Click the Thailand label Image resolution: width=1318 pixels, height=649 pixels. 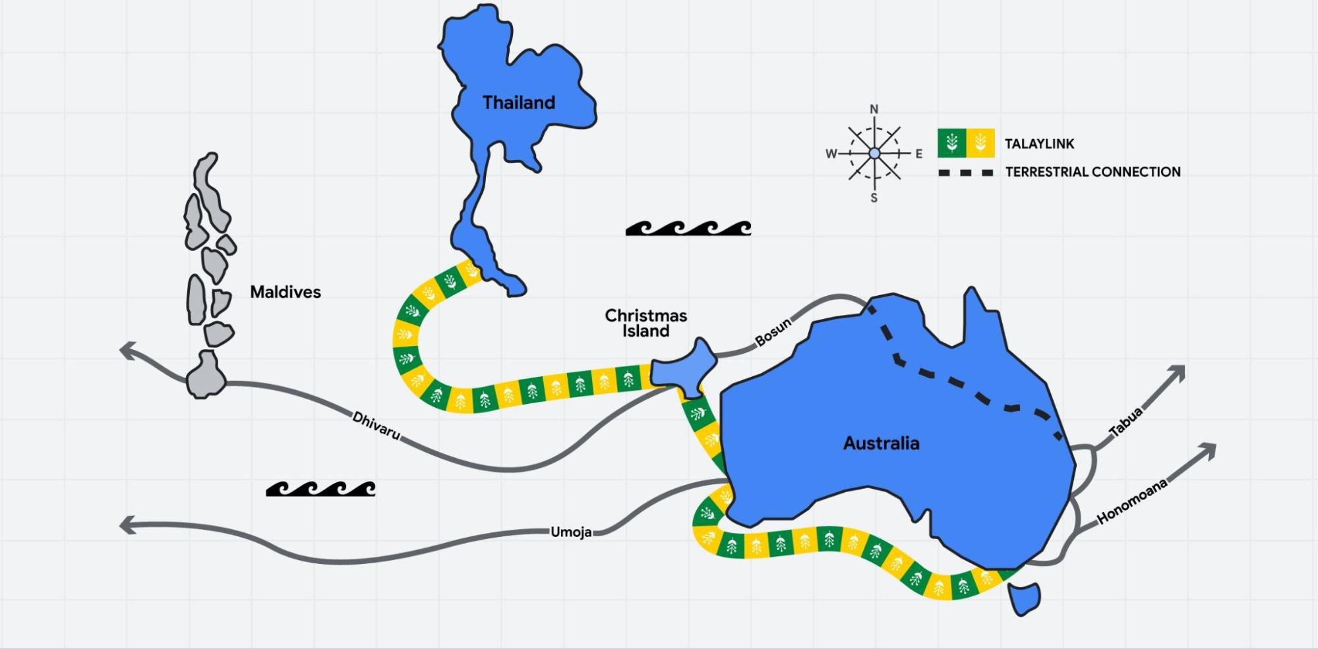coord(519,103)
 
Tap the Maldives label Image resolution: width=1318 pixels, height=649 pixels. coord(285,292)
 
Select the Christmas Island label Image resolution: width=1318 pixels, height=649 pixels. coord(646,323)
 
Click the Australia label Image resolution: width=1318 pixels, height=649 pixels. coord(881,443)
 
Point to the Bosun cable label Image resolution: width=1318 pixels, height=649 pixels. coord(773,332)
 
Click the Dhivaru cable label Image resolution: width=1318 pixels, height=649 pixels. coord(376,426)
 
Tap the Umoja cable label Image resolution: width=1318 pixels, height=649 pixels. coord(571,532)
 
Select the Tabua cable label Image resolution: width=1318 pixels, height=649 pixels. coord(1125,423)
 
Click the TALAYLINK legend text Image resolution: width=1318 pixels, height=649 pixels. coord(1039,144)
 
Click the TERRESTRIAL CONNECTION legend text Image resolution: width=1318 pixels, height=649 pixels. coord(1093,172)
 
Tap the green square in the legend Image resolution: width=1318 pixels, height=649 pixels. coord(951,143)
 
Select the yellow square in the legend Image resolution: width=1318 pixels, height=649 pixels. coord(980,143)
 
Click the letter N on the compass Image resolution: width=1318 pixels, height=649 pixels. coord(874,109)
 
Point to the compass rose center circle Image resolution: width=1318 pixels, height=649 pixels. coord(874,154)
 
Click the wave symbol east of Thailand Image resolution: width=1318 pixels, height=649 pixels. coord(688,228)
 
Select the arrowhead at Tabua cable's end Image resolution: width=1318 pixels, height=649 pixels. coord(1176,374)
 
